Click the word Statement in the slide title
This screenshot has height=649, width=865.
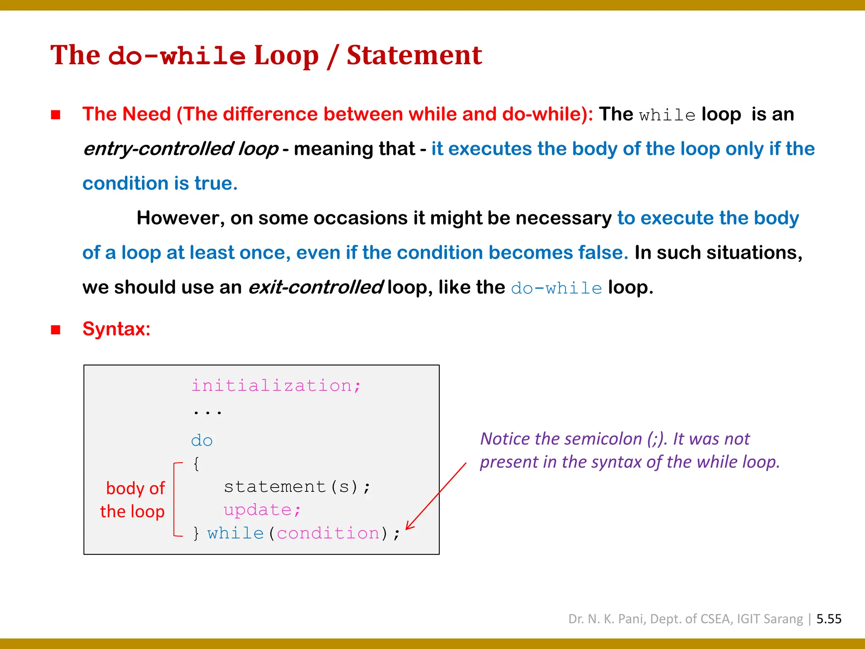click(x=414, y=55)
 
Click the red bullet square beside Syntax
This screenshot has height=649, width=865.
click(x=56, y=330)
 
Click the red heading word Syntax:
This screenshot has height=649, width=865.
click(x=117, y=329)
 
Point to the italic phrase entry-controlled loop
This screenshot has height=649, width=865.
click(x=181, y=149)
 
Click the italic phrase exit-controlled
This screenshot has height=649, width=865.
click(x=316, y=287)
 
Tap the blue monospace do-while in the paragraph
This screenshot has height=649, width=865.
click(x=556, y=288)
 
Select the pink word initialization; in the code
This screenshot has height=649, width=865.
click(x=276, y=385)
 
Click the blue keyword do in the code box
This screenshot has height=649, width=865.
click(x=201, y=441)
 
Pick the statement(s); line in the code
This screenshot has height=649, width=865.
click(x=297, y=487)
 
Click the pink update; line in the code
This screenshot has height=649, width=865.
click(x=262, y=510)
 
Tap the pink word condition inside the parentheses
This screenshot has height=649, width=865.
click(x=328, y=533)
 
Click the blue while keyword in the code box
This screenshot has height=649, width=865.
click(x=235, y=533)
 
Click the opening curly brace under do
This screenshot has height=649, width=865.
click(x=196, y=464)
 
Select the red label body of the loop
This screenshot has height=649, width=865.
click(x=133, y=500)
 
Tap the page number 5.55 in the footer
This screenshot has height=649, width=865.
click(x=829, y=619)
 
